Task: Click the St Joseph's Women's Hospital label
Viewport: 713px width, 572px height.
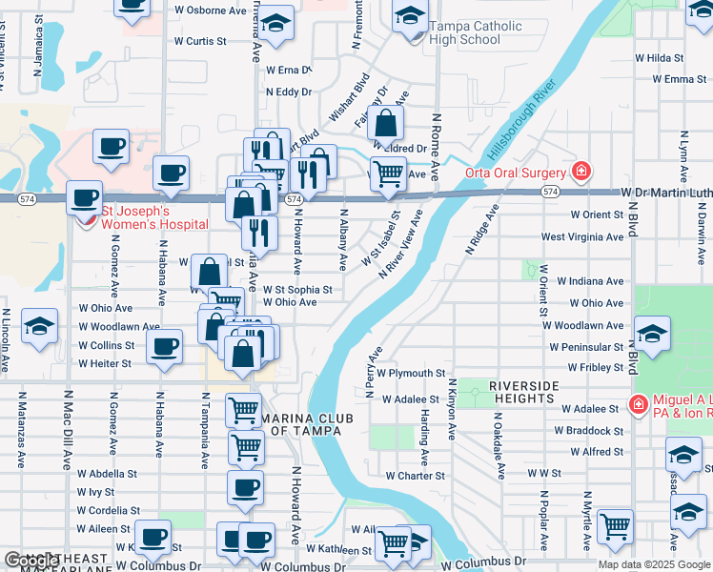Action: (x=155, y=216)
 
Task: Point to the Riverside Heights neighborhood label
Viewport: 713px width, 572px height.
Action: (x=523, y=391)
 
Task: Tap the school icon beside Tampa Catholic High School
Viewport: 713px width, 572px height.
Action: (x=411, y=17)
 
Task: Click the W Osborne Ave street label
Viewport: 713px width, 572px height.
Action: (x=211, y=10)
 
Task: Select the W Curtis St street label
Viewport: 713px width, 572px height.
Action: (x=200, y=42)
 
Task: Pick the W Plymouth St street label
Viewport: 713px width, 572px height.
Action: (x=411, y=373)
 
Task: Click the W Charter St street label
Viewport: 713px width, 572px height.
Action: (x=415, y=475)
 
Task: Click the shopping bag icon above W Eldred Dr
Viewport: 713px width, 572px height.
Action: (x=385, y=123)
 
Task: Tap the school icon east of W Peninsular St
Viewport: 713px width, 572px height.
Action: (x=653, y=335)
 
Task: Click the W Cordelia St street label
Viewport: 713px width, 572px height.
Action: (x=108, y=510)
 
